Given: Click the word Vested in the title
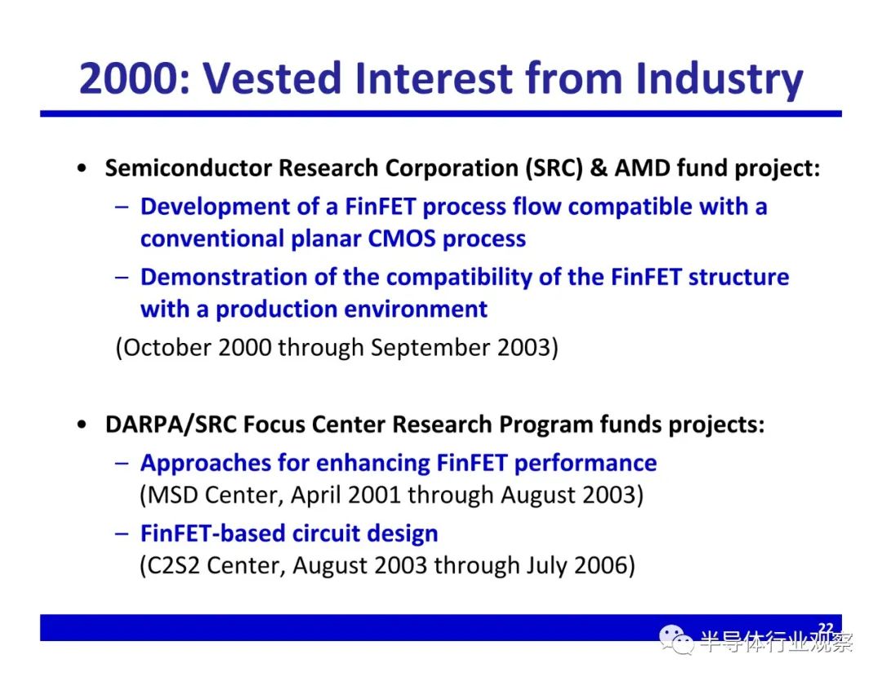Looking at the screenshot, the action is click(272, 78).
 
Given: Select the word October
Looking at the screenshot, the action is click(167, 348).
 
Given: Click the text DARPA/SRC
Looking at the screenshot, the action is click(171, 425).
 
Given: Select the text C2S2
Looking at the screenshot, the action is click(173, 566).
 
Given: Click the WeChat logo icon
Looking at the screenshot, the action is click(676, 640).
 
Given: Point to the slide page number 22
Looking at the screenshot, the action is click(826, 628).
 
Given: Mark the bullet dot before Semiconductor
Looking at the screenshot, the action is click(82, 168).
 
